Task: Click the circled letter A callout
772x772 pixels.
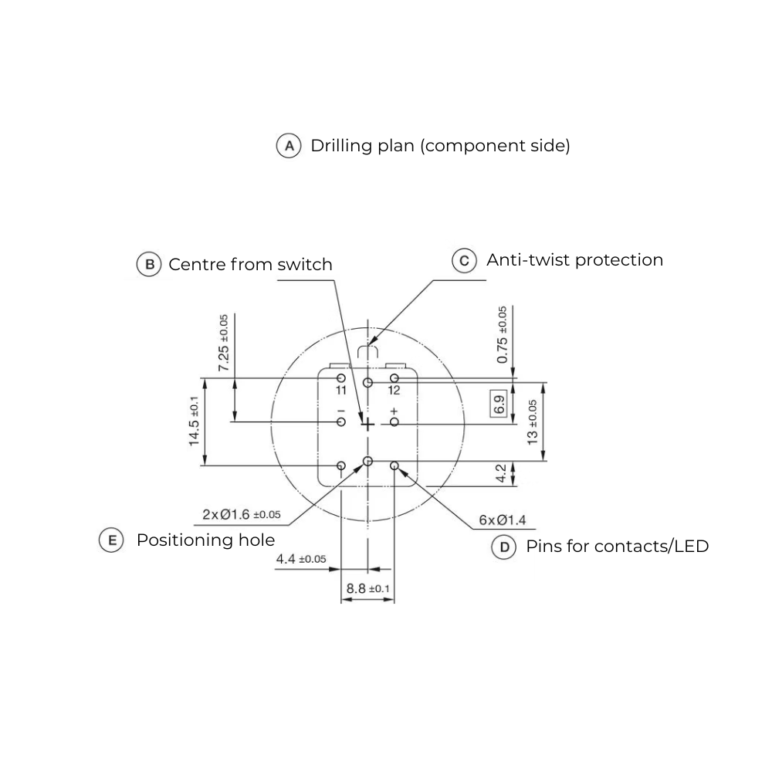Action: coord(289,146)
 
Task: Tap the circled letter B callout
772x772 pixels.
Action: coord(149,264)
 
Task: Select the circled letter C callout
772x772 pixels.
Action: coord(464,260)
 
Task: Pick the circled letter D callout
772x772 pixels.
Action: coord(504,547)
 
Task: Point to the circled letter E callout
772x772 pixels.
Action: coord(112,540)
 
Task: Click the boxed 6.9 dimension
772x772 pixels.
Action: coord(499,404)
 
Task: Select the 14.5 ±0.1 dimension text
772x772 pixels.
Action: coord(194,421)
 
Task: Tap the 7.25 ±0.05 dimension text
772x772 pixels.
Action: coord(224,343)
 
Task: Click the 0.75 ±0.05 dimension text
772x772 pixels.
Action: coord(502,335)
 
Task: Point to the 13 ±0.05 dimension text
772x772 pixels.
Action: coord(532,422)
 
